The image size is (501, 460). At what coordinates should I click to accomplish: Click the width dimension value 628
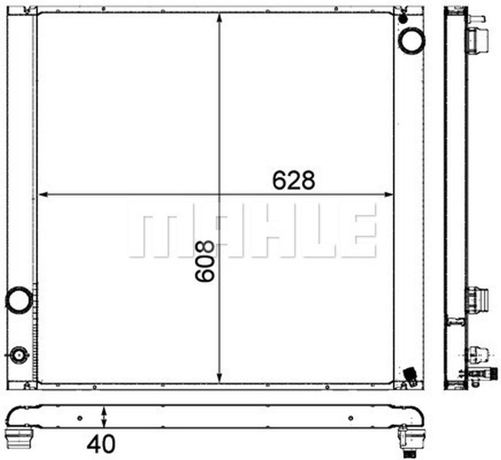pos(294,181)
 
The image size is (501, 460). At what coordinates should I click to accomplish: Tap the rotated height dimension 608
pos(205,261)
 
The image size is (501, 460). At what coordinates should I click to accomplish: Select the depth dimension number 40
pos(101,444)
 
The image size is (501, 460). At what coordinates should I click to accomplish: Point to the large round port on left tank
pos(18,300)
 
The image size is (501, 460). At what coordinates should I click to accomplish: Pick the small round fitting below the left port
pos(18,355)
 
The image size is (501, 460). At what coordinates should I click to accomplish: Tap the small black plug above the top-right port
pos(403,18)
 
